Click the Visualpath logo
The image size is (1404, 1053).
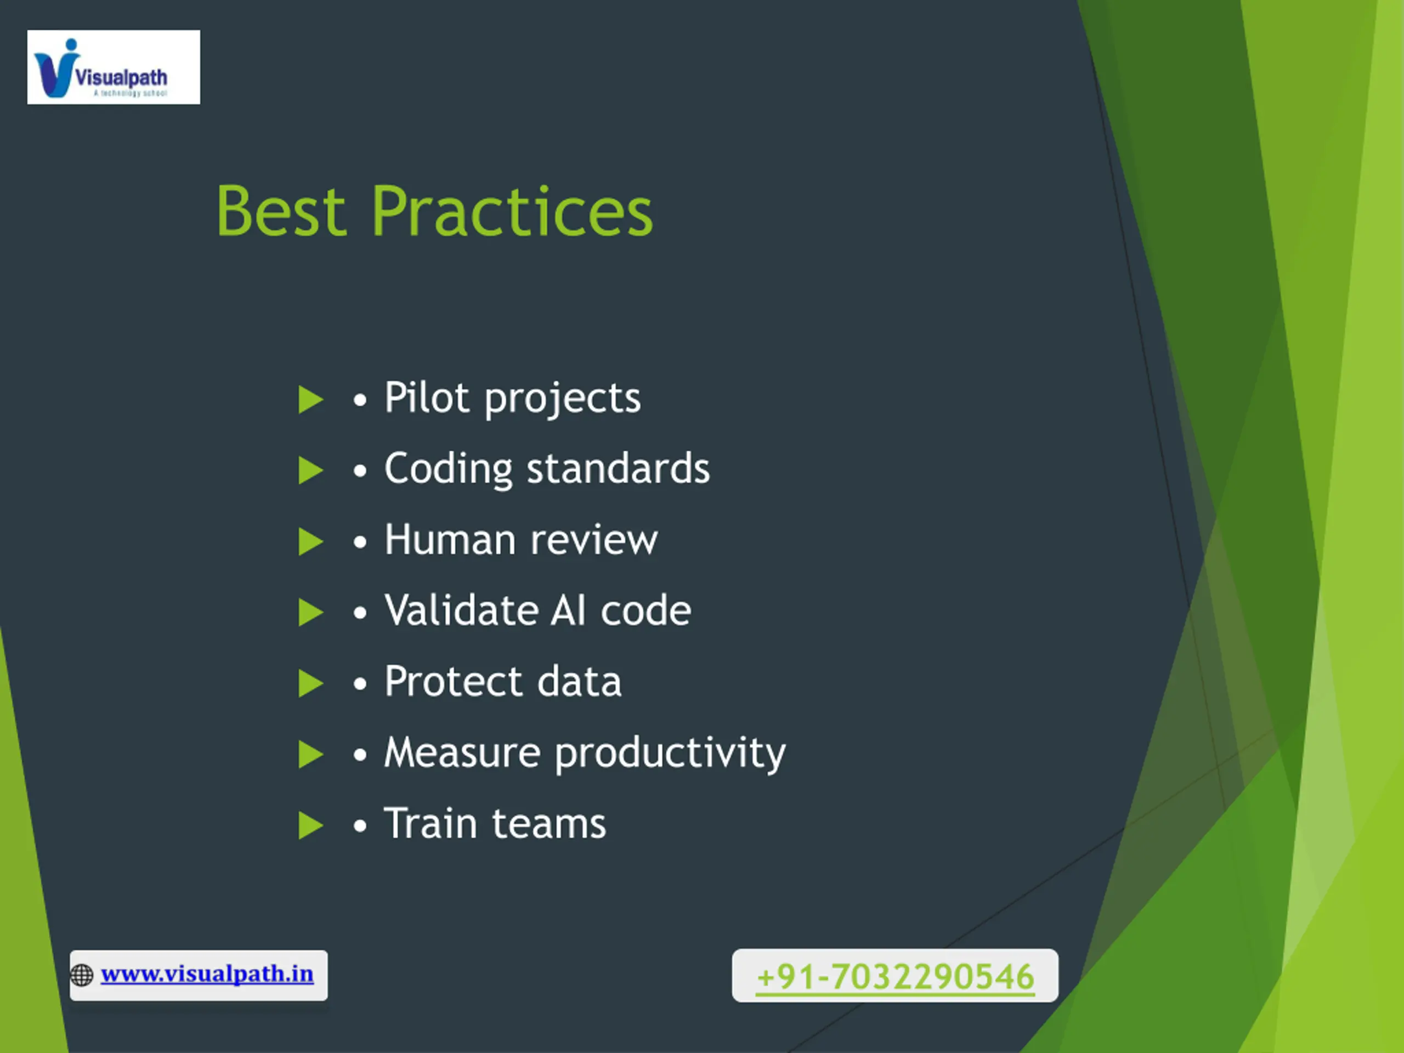[x=114, y=67]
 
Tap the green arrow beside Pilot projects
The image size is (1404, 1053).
[x=311, y=399]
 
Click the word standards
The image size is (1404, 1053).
[x=618, y=468]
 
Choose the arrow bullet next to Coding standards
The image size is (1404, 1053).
[x=311, y=471]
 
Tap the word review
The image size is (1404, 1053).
[x=594, y=541]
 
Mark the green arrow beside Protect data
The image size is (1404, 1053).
[x=311, y=683]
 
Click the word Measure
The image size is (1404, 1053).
[x=462, y=753]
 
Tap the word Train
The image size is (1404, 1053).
[x=431, y=823]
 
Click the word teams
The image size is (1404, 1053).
[x=550, y=824]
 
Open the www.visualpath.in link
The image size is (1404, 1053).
[x=207, y=974]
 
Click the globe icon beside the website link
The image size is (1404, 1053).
[x=82, y=975]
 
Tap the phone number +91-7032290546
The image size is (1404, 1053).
[x=896, y=976]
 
